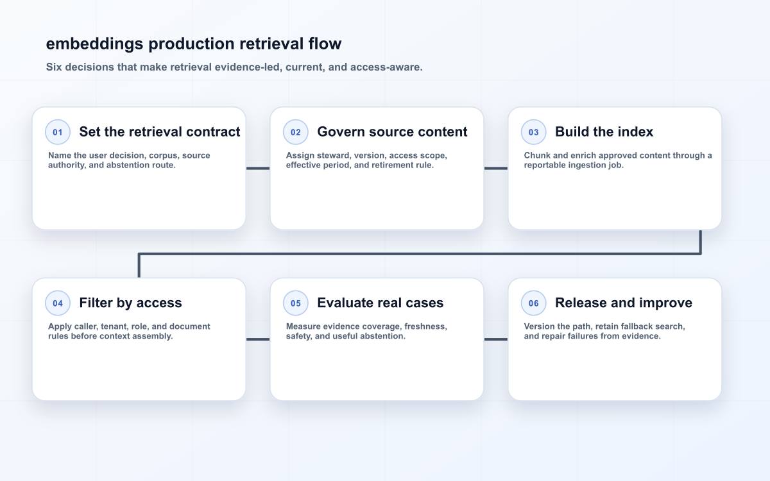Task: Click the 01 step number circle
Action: tap(58, 132)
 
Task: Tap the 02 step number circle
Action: tap(296, 132)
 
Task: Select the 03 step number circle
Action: tap(533, 132)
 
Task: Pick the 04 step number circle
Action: tap(58, 303)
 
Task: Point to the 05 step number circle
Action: tap(296, 303)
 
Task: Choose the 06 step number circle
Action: tap(533, 303)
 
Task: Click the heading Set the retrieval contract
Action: tap(160, 131)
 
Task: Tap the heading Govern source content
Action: tap(392, 131)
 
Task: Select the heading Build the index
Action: tap(604, 131)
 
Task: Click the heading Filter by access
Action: tap(131, 303)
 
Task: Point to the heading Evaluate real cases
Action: tap(380, 303)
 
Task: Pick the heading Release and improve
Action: tap(624, 303)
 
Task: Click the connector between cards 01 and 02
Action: tap(258, 168)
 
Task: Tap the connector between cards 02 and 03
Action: tap(496, 168)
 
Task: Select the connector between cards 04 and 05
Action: tap(258, 339)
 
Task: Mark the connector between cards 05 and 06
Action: tap(496, 339)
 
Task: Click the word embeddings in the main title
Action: tap(94, 44)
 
